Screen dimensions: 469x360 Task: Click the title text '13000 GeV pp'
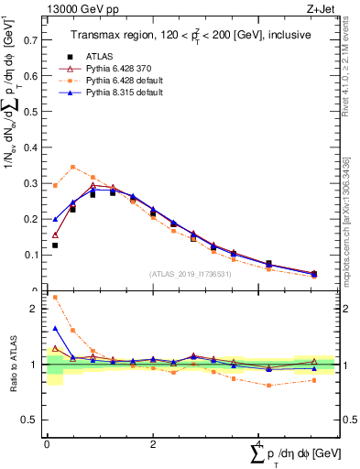tap(76, 8)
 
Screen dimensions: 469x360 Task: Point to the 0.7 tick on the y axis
tap(31, 40)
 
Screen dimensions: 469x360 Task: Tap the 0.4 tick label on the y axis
tap(31, 147)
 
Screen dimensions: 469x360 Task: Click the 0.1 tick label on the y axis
tap(31, 255)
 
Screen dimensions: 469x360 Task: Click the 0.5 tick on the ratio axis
tap(31, 420)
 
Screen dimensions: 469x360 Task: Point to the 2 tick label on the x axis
tap(153, 443)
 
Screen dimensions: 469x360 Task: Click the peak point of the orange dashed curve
tap(73, 167)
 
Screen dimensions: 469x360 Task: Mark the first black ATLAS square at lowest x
tap(55, 245)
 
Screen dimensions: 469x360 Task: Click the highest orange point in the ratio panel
tap(55, 297)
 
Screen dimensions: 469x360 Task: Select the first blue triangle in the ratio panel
tap(55, 328)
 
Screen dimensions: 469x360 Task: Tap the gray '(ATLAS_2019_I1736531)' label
tap(190, 274)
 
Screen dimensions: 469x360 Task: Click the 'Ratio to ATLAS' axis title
tap(14, 365)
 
